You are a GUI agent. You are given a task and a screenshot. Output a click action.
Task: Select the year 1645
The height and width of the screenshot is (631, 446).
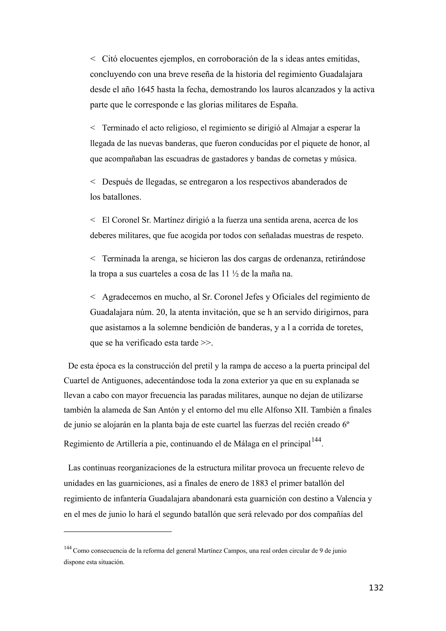(x=145, y=90)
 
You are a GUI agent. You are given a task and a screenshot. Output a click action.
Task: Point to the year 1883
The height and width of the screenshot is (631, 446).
(x=260, y=483)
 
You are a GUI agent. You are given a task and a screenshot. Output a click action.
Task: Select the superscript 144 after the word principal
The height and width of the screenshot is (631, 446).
(x=316, y=440)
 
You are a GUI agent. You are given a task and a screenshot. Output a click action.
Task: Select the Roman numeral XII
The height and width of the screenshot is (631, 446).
(x=301, y=410)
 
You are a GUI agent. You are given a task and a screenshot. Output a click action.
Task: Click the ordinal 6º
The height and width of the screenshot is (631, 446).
(x=345, y=425)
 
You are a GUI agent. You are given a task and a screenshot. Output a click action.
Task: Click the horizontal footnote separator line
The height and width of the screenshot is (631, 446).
(x=118, y=532)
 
